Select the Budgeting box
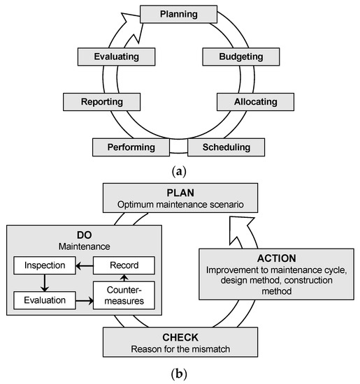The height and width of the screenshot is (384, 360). tap(230, 56)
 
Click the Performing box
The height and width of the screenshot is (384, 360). tap(131, 147)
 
